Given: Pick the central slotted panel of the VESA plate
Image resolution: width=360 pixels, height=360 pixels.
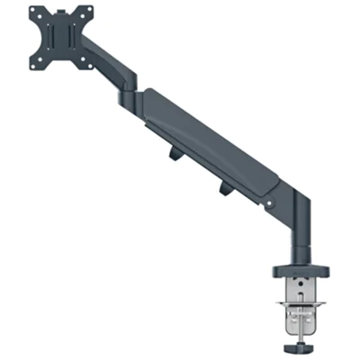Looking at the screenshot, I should coord(60,40).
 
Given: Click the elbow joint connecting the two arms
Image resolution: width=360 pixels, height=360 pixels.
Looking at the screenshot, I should coord(130,90).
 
